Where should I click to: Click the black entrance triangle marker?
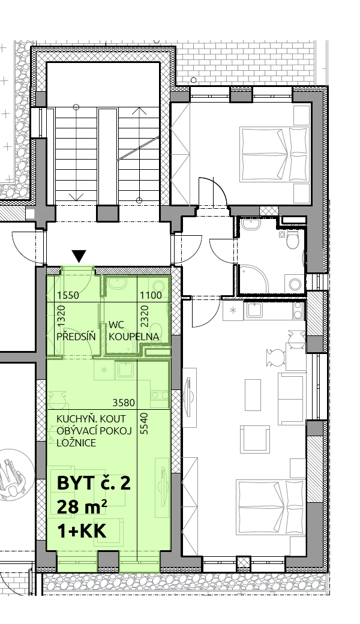coord(80,256)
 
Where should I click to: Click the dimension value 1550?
coord(68,295)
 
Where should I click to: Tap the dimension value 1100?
coord(151,295)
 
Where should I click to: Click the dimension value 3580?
coord(124,403)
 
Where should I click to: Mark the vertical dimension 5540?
coord(144,424)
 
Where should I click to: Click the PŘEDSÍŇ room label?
coord(76,336)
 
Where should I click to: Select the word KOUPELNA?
coord(134,337)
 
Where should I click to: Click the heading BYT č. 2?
coord(94,483)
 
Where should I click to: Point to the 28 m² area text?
coord(82,507)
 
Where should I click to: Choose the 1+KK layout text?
coord(82,531)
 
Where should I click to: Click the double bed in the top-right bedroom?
coord(275,154)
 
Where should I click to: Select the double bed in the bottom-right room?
coord(272,508)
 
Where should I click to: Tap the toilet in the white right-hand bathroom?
coord(293,240)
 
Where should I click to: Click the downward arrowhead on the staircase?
coord(76,196)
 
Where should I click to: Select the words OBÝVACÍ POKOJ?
coord(94,431)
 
